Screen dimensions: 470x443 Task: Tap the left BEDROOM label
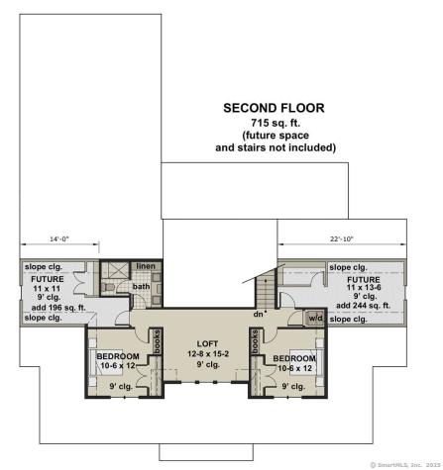(x=117, y=356)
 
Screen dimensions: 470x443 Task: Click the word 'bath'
(x=142, y=288)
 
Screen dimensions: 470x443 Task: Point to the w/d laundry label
(x=315, y=318)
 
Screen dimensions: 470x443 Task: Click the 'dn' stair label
(x=258, y=315)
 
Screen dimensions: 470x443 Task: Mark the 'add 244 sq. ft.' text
(x=364, y=307)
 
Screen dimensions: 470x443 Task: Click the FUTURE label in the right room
(x=363, y=280)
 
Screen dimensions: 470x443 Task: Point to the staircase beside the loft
(x=266, y=292)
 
